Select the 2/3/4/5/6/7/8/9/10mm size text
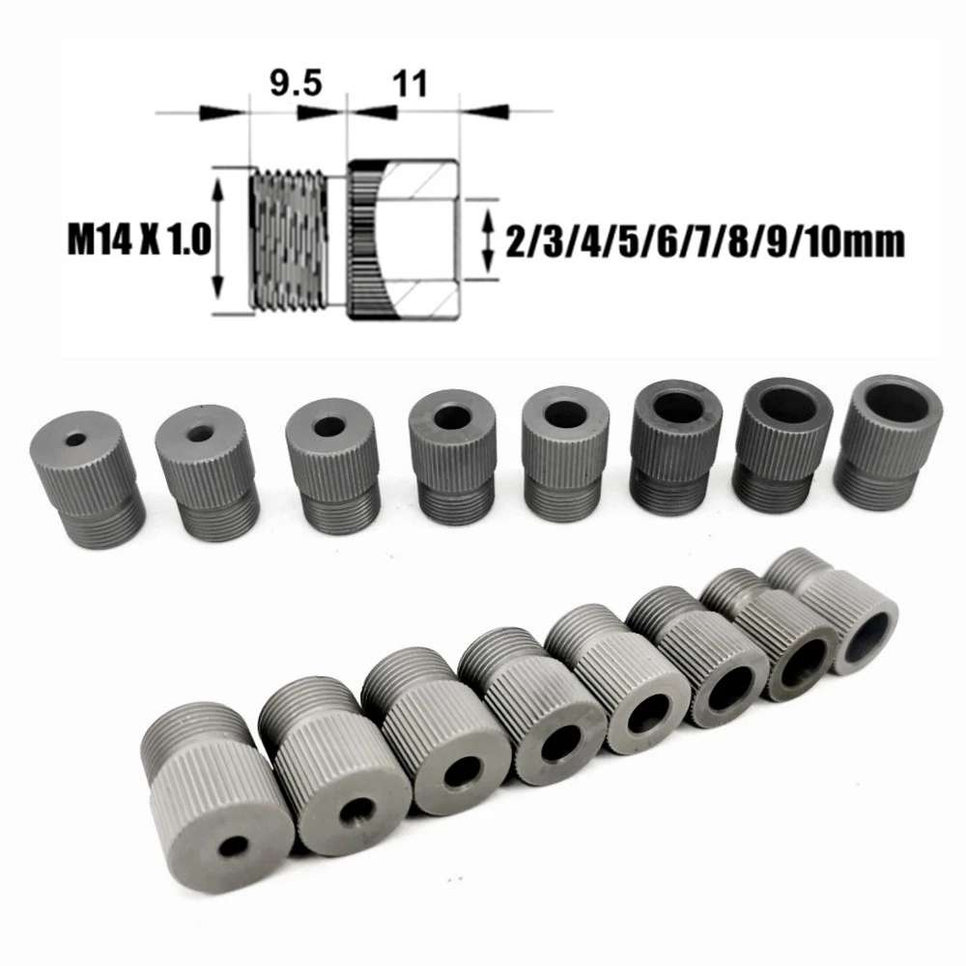tap(705, 240)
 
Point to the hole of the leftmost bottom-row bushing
tap(233, 847)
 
